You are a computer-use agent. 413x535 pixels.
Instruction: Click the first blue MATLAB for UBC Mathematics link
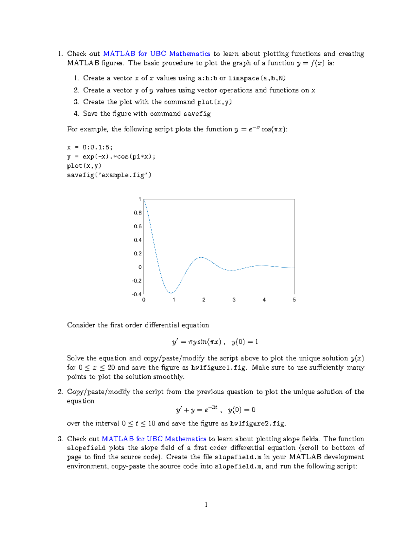click(x=157, y=54)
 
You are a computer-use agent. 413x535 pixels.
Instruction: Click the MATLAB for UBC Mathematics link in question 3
click(x=154, y=439)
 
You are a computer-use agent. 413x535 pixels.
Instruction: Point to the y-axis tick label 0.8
click(x=138, y=213)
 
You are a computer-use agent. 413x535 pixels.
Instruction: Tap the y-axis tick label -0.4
click(x=137, y=294)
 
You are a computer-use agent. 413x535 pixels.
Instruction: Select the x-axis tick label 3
click(x=234, y=300)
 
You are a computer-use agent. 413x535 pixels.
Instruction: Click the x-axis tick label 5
click(x=294, y=300)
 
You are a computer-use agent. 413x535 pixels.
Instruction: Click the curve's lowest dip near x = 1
click(x=171, y=293)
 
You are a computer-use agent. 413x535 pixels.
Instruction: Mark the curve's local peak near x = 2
click(x=202, y=257)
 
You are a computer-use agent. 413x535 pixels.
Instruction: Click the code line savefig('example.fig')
click(x=109, y=175)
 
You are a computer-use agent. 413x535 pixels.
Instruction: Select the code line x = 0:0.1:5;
click(x=90, y=147)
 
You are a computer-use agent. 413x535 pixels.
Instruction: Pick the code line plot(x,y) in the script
click(x=84, y=166)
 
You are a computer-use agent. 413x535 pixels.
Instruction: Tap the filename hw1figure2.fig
click(x=258, y=424)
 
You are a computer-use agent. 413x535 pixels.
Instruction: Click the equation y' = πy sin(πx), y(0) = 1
click(x=215, y=342)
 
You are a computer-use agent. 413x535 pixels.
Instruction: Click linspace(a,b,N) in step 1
click(x=257, y=78)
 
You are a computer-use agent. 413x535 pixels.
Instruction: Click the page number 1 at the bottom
click(x=206, y=505)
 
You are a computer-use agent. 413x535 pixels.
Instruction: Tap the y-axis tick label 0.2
click(x=138, y=254)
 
